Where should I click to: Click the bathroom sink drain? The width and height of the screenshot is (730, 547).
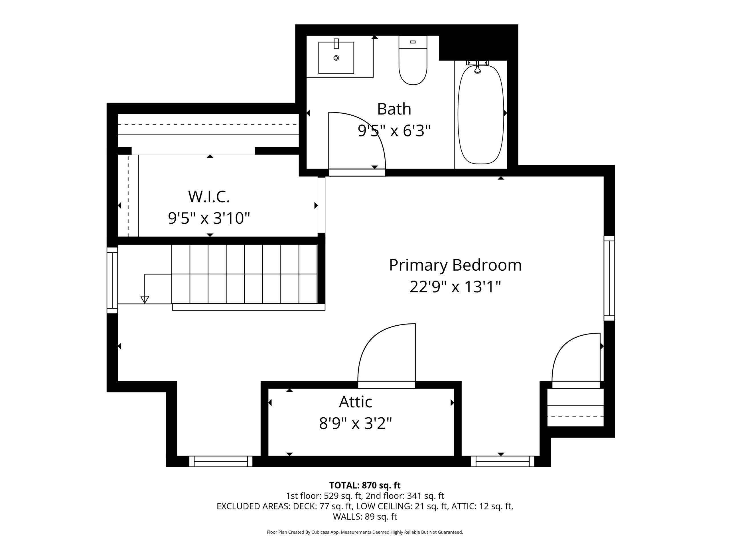[x=336, y=58]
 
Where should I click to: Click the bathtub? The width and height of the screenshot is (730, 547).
[x=481, y=115]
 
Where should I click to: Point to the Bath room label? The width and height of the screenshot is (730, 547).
[x=394, y=109]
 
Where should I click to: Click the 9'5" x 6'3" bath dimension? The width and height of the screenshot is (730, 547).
[x=394, y=131]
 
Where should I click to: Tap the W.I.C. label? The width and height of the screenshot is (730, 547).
[x=209, y=197]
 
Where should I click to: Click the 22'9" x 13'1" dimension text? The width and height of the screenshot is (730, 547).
[x=455, y=287]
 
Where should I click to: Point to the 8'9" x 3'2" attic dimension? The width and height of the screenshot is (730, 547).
[x=355, y=423]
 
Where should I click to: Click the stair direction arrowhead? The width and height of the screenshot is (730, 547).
[x=145, y=300]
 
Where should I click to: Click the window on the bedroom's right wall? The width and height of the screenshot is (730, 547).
[x=609, y=278]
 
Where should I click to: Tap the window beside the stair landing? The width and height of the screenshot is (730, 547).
[x=112, y=280]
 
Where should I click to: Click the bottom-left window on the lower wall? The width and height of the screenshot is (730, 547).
[x=221, y=461]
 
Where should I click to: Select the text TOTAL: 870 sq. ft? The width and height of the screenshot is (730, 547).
[x=365, y=485]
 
